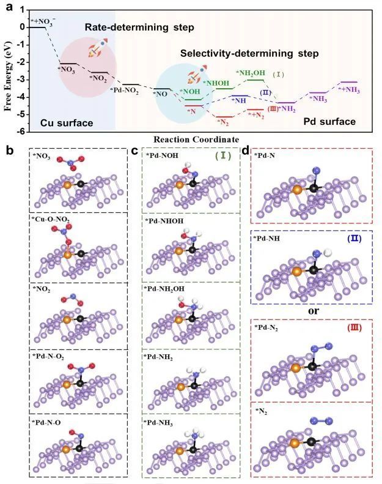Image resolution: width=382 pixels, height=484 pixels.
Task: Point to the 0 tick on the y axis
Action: tap(22, 28)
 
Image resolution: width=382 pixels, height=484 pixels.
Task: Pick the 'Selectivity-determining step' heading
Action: tap(249, 54)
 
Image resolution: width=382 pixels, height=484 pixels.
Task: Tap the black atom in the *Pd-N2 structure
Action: tap(313, 367)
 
